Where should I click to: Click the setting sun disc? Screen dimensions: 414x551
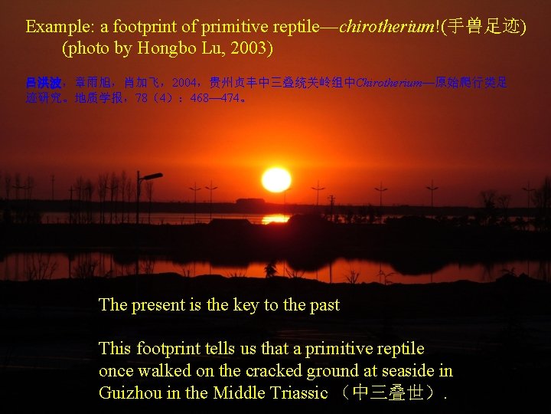(276, 179)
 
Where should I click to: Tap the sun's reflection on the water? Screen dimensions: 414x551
(275, 219)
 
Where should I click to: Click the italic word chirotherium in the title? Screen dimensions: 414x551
(386, 27)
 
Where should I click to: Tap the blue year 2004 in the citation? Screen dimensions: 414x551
(184, 83)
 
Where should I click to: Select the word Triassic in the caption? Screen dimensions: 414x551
(294, 393)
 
